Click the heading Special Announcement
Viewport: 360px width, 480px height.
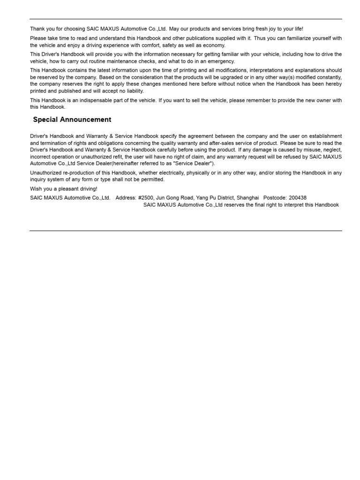coord(72,120)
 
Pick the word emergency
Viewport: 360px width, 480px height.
coord(221,61)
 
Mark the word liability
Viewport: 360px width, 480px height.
coord(134,91)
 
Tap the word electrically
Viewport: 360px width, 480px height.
coord(175,173)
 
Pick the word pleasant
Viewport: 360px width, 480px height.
coord(68,188)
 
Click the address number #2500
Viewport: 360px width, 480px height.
coord(147,198)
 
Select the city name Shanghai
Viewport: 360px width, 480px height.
coord(247,198)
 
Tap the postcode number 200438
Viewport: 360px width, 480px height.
coord(298,198)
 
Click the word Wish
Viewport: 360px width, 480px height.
coord(36,188)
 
